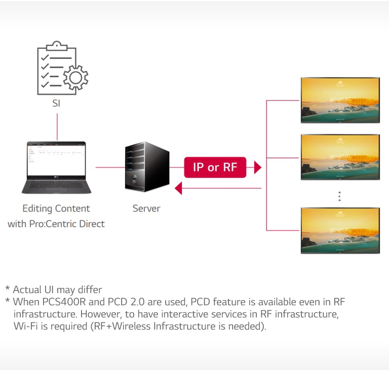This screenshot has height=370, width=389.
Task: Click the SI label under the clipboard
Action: [x=57, y=104]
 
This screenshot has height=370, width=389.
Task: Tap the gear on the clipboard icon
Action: [x=75, y=77]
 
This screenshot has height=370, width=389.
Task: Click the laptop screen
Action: [x=57, y=159]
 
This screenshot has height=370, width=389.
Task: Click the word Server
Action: [x=146, y=208]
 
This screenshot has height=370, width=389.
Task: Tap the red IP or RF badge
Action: [x=215, y=167]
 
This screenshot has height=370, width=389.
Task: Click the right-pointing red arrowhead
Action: [x=257, y=167]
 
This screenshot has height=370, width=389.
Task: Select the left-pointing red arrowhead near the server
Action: [x=178, y=189]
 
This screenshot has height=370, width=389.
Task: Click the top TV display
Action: [x=340, y=100]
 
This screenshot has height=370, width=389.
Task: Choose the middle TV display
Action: [x=340, y=157]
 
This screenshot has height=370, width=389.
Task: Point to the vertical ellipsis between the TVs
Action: [x=340, y=196]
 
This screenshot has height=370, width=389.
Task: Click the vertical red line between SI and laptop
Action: [x=57, y=127]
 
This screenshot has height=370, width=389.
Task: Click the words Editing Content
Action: [x=56, y=208]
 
